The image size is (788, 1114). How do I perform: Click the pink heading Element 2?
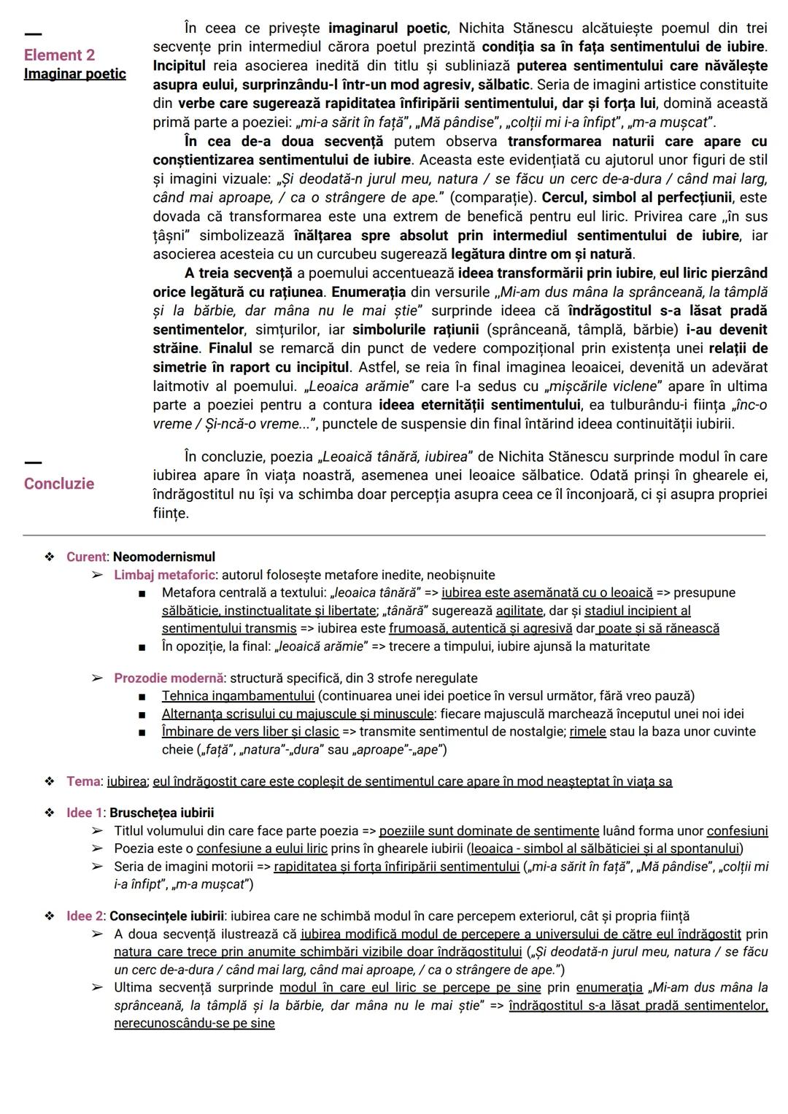coord(59,55)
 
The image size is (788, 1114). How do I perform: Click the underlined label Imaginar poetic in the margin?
coord(74,74)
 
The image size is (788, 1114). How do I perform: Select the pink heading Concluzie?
coord(59,484)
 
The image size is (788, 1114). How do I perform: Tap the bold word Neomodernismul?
coord(163,557)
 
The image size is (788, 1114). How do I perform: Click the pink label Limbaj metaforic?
coord(164,575)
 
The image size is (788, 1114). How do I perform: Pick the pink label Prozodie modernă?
coord(168,678)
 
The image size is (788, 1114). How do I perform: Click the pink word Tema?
coord(82,781)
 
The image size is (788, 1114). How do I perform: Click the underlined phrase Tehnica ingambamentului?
coord(238,696)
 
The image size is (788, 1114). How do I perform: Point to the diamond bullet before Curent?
coord(50,557)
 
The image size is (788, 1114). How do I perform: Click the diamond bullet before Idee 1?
coord(50,813)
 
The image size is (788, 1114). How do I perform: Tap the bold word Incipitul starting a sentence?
coord(179,66)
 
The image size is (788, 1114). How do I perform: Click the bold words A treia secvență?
coord(237,273)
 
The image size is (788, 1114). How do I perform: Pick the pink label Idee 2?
coord(85,916)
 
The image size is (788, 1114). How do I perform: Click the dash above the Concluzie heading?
coord(33,461)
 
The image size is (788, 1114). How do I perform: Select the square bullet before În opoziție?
coord(144,647)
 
